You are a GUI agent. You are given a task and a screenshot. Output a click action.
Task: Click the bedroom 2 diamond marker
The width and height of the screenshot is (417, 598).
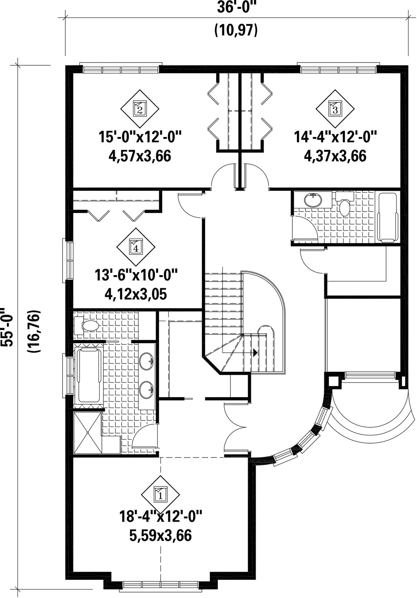pyautogui.click(x=140, y=109)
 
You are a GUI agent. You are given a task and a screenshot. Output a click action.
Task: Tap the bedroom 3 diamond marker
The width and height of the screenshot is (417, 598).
pyautogui.click(x=335, y=109)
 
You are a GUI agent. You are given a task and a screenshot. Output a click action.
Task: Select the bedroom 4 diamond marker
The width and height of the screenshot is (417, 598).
pyautogui.click(x=136, y=247)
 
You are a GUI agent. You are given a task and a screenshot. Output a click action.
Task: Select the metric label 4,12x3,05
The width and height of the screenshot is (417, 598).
pyautogui.click(x=136, y=294)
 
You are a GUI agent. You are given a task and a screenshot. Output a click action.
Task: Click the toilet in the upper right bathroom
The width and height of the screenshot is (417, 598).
pyautogui.click(x=344, y=204)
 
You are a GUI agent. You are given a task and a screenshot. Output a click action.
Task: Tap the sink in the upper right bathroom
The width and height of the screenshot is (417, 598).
pyautogui.click(x=313, y=200)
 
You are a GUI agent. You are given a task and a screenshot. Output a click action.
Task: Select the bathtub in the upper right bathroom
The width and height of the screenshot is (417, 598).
pyautogui.click(x=388, y=218)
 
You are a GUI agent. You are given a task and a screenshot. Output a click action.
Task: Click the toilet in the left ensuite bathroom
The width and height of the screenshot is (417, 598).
pyautogui.click(x=86, y=325)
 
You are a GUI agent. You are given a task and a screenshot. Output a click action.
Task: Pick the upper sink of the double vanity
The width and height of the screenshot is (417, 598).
pyautogui.click(x=147, y=361)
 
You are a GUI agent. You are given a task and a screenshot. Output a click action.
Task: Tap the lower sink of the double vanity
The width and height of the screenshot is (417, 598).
pyautogui.click(x=147, y=390)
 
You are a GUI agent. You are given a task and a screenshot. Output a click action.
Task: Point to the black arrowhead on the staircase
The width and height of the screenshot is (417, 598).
pyautogui.click(x=255, y=352)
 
